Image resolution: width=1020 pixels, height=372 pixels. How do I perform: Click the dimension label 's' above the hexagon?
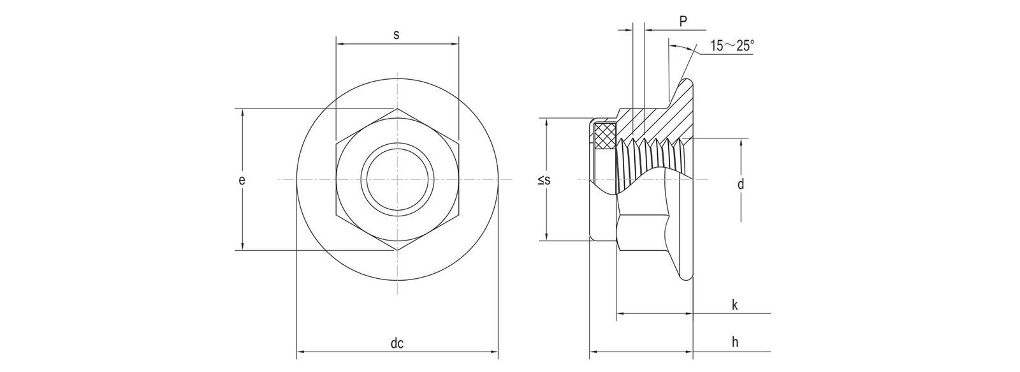click(396, 35)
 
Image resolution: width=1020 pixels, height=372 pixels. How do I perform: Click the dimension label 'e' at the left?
click(242, 181)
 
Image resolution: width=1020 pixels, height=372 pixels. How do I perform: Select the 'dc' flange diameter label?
click(397, 343)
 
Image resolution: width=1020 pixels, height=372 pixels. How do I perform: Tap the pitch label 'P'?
click(682, 22)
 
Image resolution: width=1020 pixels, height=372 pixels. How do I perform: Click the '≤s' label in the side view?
click(543, 181)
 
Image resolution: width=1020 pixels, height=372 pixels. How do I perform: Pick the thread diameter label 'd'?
click(740, 185)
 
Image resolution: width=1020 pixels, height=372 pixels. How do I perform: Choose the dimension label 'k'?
click(734, 306)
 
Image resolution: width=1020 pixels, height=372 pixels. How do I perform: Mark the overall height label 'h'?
click(734, 343)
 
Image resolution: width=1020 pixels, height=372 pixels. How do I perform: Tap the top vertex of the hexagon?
click(397, 109)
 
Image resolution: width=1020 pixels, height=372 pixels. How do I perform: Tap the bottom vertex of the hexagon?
click(397, 251)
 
